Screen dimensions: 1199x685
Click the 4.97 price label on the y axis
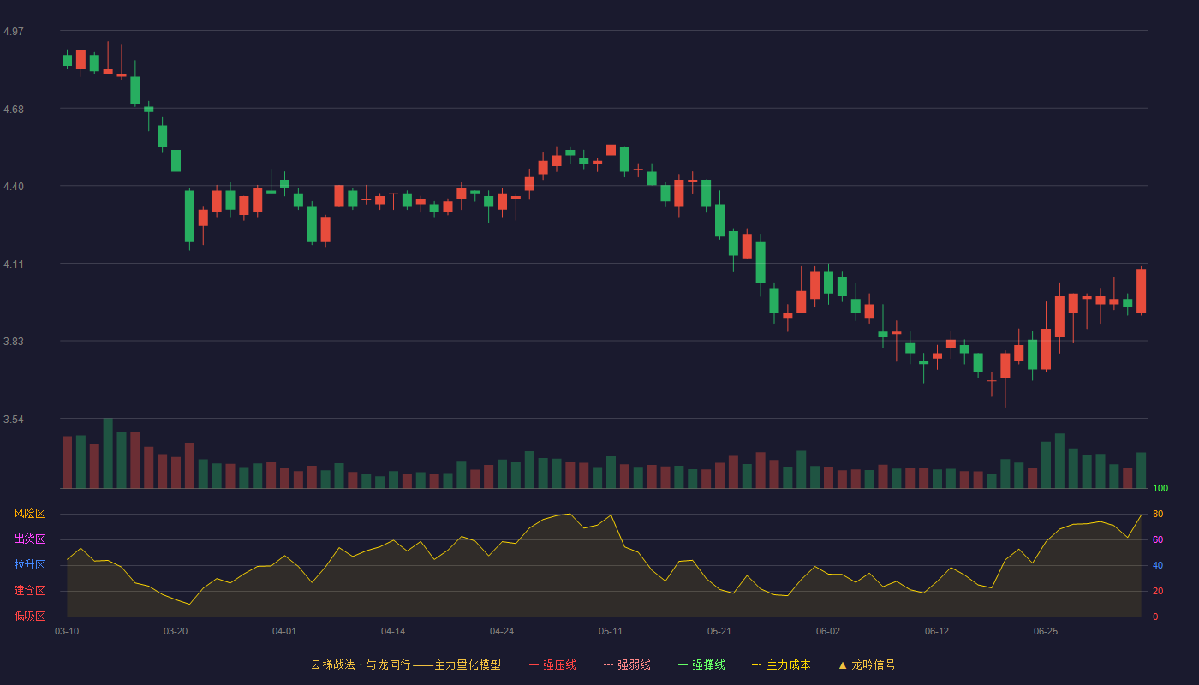[14, 32]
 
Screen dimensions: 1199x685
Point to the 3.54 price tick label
[14, 419]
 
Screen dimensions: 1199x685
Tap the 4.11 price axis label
[14, 265]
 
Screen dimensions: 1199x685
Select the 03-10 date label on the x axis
[67, 632]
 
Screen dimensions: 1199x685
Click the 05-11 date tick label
[610, 632]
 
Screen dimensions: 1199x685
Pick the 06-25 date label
[1046, 632]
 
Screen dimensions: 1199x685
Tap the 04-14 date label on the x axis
[393, 632]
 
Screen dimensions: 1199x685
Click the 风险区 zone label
[29, 514]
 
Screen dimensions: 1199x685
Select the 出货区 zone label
[29, 539]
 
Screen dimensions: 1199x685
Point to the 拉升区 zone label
[29, 564]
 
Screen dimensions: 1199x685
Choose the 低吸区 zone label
[29, 616]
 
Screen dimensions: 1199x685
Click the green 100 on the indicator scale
[1160, 488]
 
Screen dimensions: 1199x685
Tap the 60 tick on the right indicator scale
[1158, 539]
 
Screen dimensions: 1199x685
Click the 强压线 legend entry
[552, 664]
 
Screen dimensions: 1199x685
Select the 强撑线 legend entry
[701, 664]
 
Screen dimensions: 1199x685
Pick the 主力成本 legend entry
[781, 664]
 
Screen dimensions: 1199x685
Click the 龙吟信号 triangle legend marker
[843, 665]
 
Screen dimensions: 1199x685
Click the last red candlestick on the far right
[1141, 290]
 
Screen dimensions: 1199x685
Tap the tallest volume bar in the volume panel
[108, 453]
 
